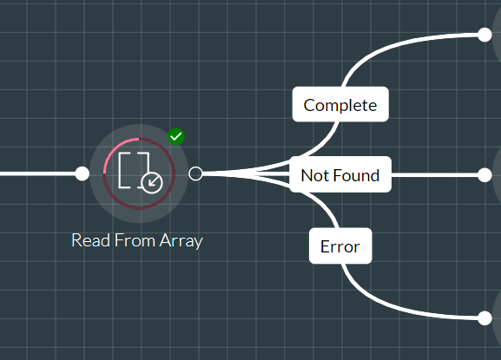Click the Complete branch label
340,104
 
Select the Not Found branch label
340,174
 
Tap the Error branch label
340,246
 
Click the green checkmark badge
176,136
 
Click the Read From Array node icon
139,173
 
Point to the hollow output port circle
195,173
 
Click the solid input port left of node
82,173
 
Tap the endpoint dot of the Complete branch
485,35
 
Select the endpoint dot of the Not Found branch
485,175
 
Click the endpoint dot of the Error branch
485,317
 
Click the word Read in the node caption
90,240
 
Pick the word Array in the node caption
181,241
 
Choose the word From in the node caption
135,240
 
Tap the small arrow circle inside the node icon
152,183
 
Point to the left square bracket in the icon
124,170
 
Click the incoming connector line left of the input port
37,173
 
